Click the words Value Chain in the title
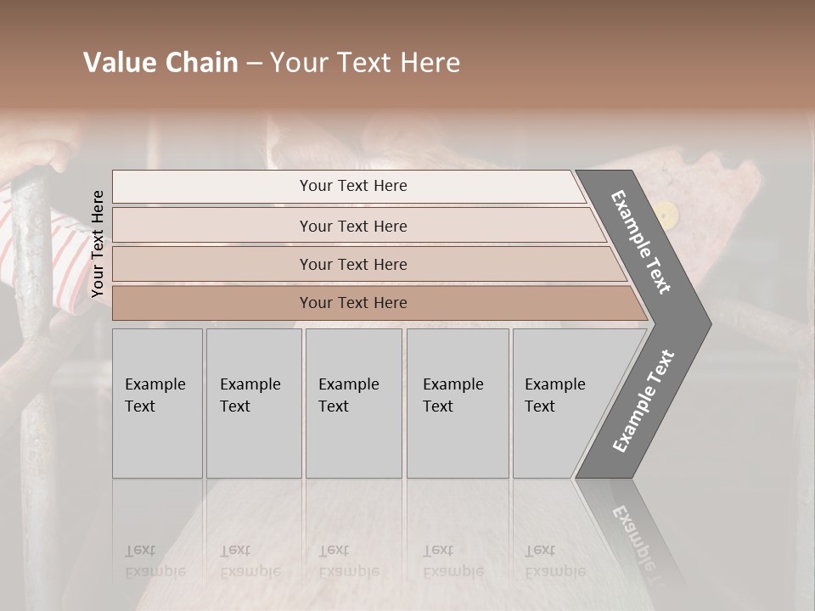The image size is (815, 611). (x=160, y=63)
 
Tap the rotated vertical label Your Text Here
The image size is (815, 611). (x=98, y=244)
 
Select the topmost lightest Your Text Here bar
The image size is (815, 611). (x=352, y=186)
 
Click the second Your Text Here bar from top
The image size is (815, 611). (x=353, y=226)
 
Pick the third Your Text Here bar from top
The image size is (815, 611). (x=353, y=264)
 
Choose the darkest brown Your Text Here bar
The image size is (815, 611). (x=353, y=303)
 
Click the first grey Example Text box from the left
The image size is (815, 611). (x=157, y=402)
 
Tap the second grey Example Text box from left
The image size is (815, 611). (x=253, y=402)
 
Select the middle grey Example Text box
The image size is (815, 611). (x=353, y=402)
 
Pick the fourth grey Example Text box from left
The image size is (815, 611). (x=457, y=402)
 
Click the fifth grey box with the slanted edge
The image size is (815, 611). (x=560, y=402)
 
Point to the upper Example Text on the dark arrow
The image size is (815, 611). (x=641, y=242)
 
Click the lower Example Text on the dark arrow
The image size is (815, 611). (x=644, y=401)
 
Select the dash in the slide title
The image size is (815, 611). (x=254, y=63)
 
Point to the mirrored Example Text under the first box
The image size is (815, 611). (x=155, y=561)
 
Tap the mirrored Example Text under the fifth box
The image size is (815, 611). (x=555, y=561)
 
